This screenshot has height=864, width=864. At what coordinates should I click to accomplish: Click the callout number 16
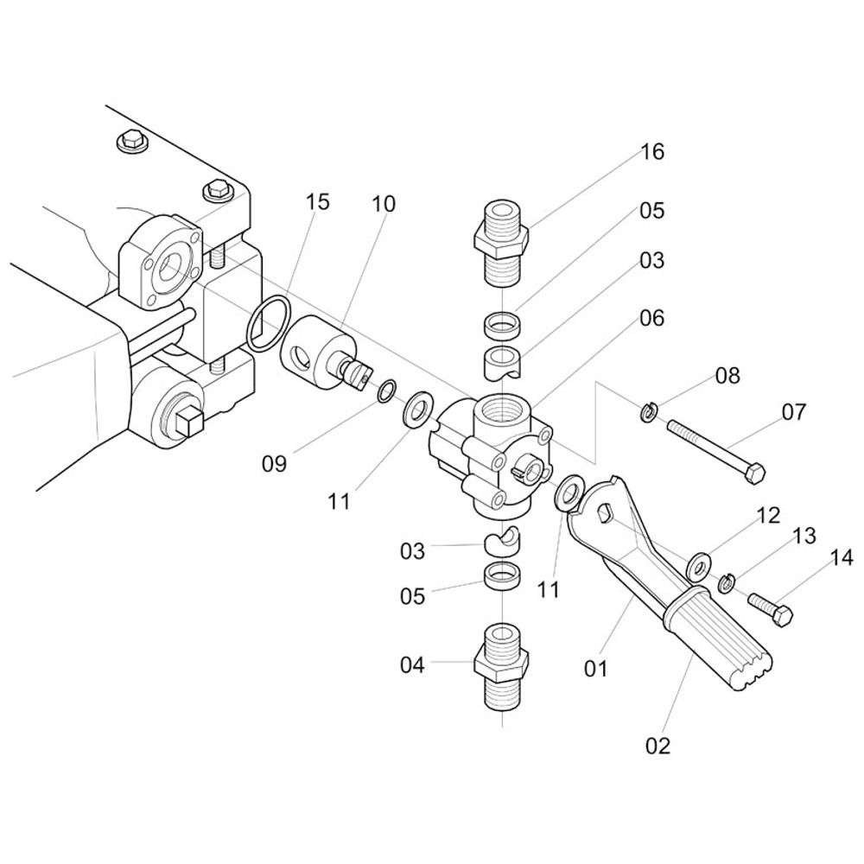click(x=652, y=152)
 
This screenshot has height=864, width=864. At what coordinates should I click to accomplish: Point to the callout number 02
click(x=658, y=744)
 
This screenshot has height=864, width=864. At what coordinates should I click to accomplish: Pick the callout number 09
click(x=274, y=465)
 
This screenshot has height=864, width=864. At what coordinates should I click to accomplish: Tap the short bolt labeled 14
click(x=769, y=608)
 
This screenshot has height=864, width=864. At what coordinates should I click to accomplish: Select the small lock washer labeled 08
click(x=648, y=412)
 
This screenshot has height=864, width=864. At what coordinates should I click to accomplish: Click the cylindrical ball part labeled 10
click(x=311, y=350)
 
